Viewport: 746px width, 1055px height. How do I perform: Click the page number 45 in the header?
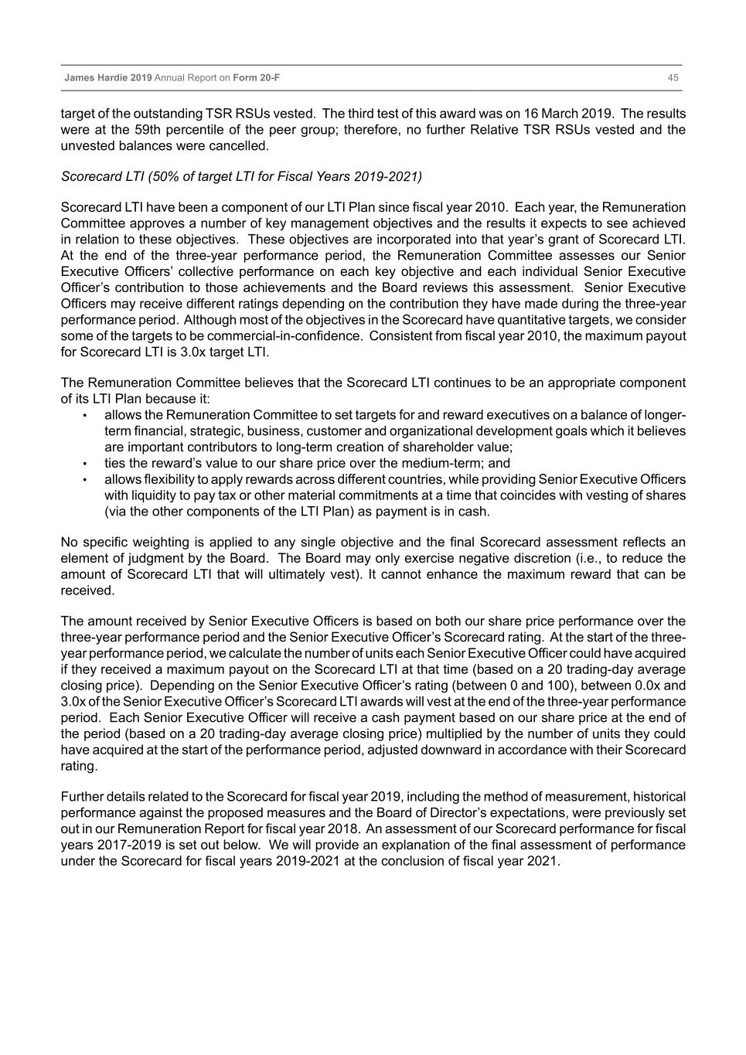click(x=673, y=78)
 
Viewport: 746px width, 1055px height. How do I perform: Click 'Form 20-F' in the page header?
click(x=256, y=78)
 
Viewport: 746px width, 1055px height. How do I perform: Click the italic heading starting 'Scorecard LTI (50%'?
click(x=241, y=176)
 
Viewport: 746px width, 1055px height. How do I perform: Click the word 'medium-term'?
click(x=448, y=464)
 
